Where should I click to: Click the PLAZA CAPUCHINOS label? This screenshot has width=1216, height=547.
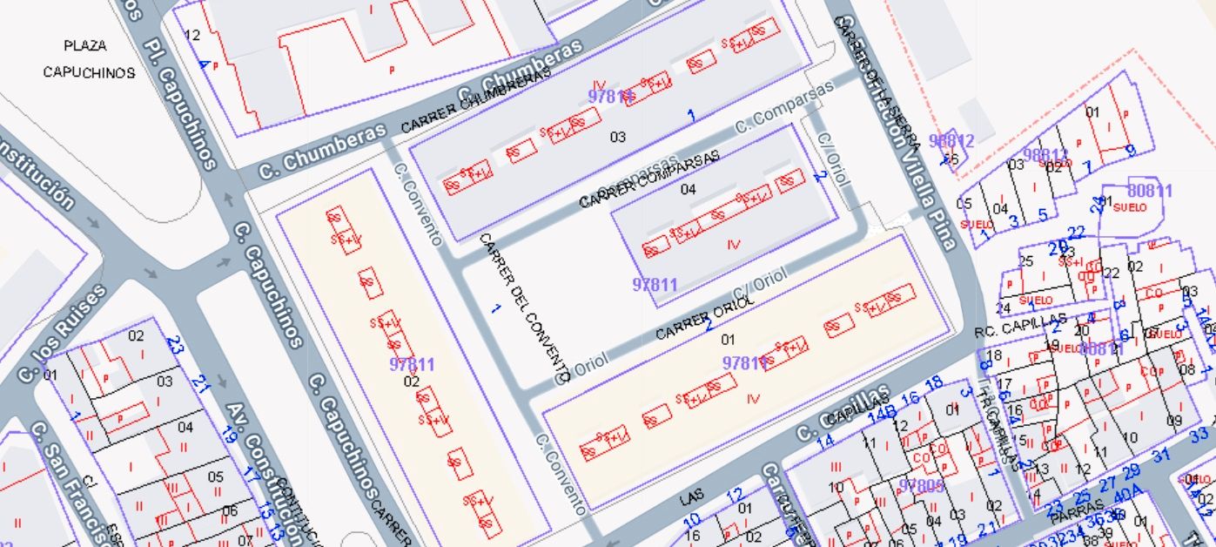click(89, 59)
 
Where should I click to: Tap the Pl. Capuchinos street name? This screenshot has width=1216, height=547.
click(180, 103)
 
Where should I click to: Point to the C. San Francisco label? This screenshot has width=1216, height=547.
click(70, 483)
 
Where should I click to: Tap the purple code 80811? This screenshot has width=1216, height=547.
click(1150, 191)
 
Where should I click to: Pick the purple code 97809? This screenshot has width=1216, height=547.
click(921, 485)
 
